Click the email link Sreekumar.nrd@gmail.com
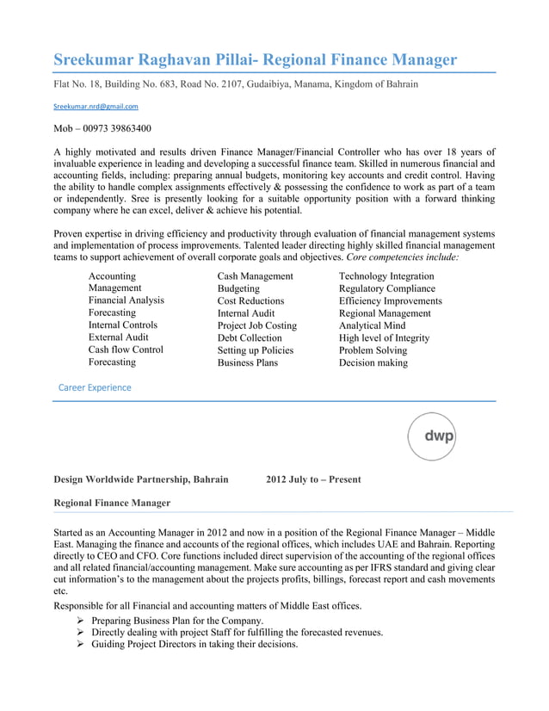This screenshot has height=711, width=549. point(96,106)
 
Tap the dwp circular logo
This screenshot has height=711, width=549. point(431,436)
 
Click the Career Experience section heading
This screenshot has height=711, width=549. point(95,388)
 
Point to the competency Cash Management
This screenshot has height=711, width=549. point(255,276)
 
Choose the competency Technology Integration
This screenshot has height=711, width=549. point(386,276)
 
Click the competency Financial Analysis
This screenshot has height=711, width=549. point(126,301)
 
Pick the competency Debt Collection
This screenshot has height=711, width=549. point(250,338)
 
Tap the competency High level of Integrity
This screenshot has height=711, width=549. point(384,338)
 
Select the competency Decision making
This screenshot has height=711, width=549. point(373,363)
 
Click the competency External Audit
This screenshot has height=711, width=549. point(119,338)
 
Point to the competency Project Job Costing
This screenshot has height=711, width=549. point(256,326)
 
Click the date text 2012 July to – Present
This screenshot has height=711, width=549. point(313,479)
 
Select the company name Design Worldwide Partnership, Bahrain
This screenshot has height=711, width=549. point(141,479)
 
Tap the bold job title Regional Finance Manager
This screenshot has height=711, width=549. point(112,503)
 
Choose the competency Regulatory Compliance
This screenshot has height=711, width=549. point(387,289)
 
